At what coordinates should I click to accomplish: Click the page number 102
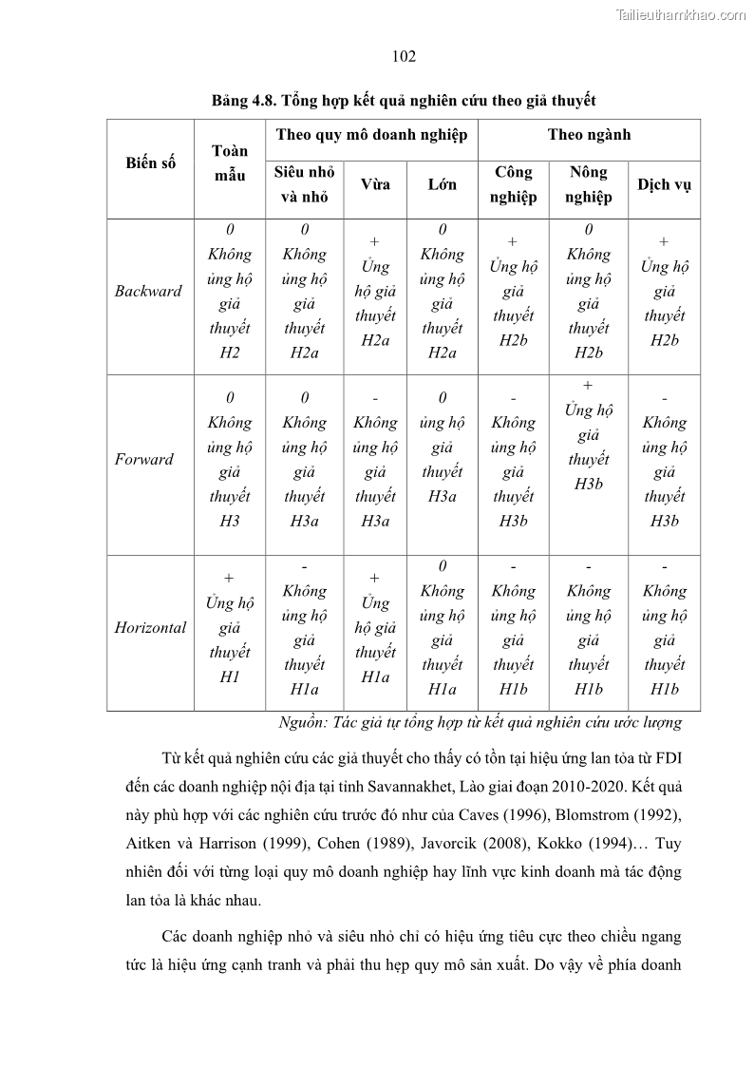[404, 57]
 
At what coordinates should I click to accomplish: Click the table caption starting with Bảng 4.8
[404, 100]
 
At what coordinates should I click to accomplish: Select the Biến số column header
[150, 162]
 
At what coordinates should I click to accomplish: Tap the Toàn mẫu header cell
[230, 162]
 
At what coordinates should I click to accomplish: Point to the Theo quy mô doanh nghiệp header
[371, 135]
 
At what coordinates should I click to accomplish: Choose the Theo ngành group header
[589, 135]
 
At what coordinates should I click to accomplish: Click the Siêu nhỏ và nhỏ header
[304, 184]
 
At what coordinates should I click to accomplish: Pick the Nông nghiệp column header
[589, 184]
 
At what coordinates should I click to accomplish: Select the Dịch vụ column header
[664, 184]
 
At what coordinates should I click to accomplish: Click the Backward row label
[148, 292]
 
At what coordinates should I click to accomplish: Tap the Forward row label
[144, 460]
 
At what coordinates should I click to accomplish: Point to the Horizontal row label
[150, 628]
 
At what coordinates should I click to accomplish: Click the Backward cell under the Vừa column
[375, 291]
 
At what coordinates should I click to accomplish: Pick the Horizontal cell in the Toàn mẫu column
[230, 627]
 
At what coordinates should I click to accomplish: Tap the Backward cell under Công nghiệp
[513, 291]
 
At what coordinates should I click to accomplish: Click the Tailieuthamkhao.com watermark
[681, 14]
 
